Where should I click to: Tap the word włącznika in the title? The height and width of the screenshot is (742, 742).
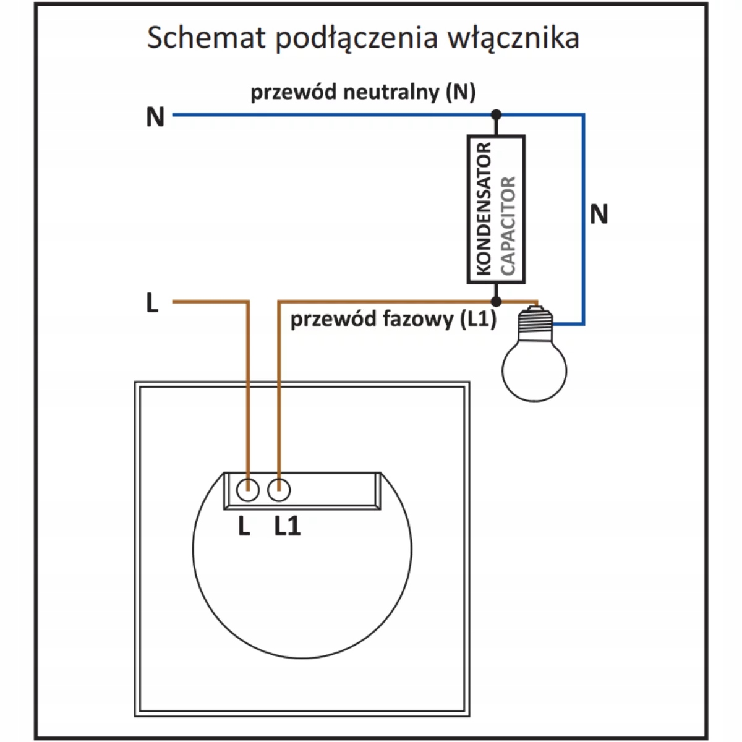[x=513, y=38]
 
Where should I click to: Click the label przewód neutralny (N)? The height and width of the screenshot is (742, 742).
[x=363, y=93]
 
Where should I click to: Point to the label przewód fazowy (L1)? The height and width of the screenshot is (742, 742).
[x=393, y=320]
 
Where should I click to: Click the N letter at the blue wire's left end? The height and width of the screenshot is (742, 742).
[x=155, y=116]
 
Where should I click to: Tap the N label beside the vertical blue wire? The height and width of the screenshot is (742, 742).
[x=599, y=215]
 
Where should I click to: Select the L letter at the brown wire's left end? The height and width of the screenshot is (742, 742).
[x=152, y=304]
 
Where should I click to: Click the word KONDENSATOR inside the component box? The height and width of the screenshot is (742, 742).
[x=484, y=209]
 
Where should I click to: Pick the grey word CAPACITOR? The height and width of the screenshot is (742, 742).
[x=508, y=226]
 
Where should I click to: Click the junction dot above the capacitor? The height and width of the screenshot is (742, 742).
[x=496, y=114]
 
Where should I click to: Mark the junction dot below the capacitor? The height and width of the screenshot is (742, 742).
[x=496, y=301]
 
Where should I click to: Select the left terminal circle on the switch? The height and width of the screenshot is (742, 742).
[x=248, y=490]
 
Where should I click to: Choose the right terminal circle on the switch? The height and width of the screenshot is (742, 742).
[x=279, y=490]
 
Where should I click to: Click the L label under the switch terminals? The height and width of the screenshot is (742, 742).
[x=244, y=527]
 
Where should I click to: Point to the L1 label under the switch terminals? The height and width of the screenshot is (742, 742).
[x=288, y=527]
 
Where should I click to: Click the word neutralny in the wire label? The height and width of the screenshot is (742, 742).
[x=391, y=93]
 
